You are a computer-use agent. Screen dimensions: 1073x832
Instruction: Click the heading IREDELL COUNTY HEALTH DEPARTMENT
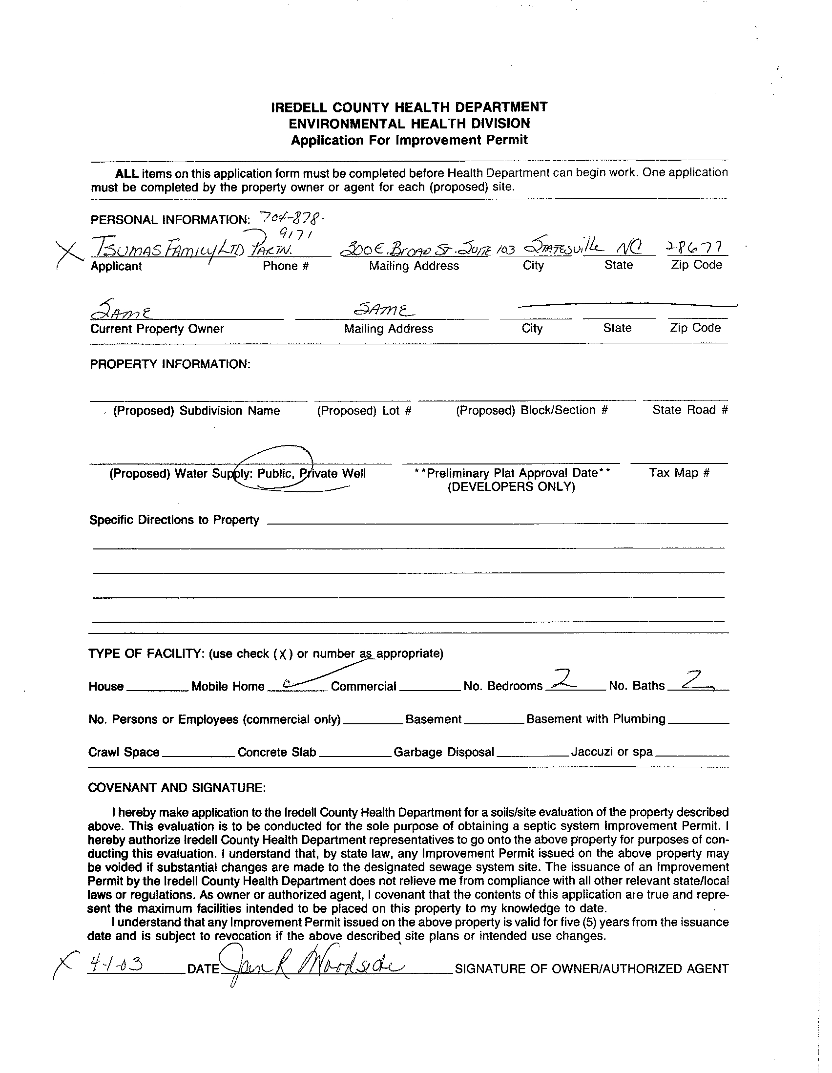409,107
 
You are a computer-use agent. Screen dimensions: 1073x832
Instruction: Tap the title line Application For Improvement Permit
409,140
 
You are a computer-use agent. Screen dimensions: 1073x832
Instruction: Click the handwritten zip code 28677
696,248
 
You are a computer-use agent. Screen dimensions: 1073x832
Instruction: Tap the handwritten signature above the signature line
314,965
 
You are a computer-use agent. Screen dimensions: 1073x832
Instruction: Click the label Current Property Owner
157,329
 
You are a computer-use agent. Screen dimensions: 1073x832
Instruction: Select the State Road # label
689,410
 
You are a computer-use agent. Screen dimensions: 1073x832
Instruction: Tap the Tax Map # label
679,473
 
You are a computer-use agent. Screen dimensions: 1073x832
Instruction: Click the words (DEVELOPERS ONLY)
511,487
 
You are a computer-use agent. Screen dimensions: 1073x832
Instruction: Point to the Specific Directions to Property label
174,520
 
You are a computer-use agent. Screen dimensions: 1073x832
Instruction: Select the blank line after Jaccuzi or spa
691,756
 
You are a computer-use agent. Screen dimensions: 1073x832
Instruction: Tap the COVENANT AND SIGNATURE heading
177,788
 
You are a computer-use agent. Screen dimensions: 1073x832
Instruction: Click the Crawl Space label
124,752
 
